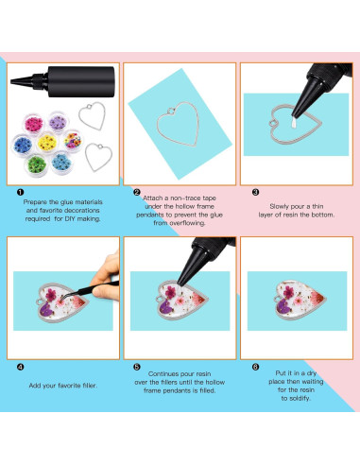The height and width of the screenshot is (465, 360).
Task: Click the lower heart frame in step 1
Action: coord(96,153)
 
